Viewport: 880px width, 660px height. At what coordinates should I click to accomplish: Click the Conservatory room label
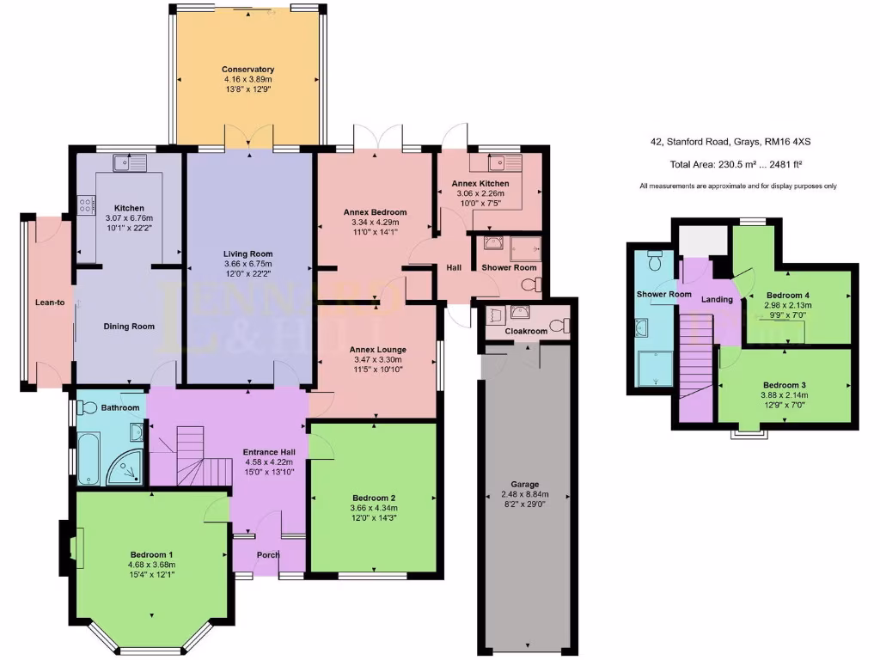tap(247, 70)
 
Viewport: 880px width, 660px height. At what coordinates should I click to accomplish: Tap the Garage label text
tap(523, 483)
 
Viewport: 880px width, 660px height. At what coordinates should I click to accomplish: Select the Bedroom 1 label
tap(152, 554)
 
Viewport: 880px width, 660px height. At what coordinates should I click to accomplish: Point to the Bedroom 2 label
tap(374, 498)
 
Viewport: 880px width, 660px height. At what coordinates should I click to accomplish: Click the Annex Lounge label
tap(377, 350)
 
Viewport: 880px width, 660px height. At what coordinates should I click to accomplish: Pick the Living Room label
tap(247, 254)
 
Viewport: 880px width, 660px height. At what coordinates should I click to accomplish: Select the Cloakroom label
tap(526, 331)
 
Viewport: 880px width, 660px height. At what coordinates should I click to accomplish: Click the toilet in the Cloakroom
tap(559, 325)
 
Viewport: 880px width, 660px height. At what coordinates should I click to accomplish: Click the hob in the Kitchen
tap(87, 205)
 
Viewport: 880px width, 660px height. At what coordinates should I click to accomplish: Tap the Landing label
tap(717, 299)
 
